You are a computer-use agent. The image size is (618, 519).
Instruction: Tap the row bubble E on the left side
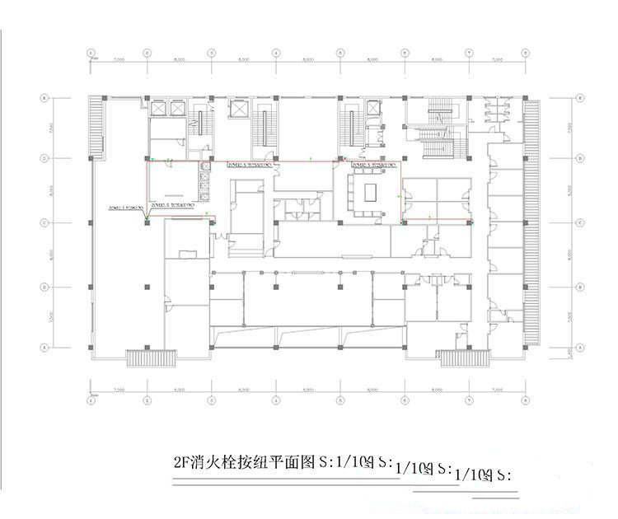[x=44, y=98]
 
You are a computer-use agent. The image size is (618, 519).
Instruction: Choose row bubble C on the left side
[x=44, y=222]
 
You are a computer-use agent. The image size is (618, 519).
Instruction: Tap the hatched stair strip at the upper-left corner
[x=96, y=129]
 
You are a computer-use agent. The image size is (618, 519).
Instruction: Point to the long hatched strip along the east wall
[x=531, y=222]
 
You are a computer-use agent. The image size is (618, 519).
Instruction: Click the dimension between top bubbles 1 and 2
[x=118, y=60]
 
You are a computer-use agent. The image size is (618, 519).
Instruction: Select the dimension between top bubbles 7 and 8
[x=497, y=60]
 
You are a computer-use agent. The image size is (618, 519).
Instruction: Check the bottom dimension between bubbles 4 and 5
[x=308, y=390]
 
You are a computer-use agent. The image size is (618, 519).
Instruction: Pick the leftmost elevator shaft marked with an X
[x=157, y=109]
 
